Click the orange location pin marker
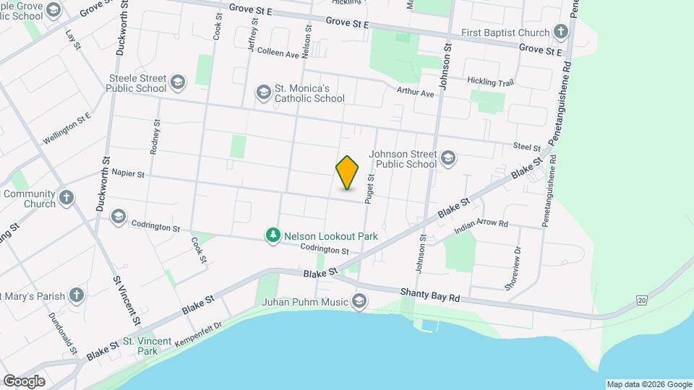[348, 173]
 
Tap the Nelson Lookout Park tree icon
[273, 236]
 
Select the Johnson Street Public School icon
[448, 158]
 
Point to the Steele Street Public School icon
[179, 83]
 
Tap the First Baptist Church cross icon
[560, 32]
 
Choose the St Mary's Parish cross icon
[77, 295]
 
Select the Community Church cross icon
[67, 198]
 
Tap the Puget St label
[369, 187]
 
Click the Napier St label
[129, 174]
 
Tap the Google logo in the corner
[23, 381]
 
